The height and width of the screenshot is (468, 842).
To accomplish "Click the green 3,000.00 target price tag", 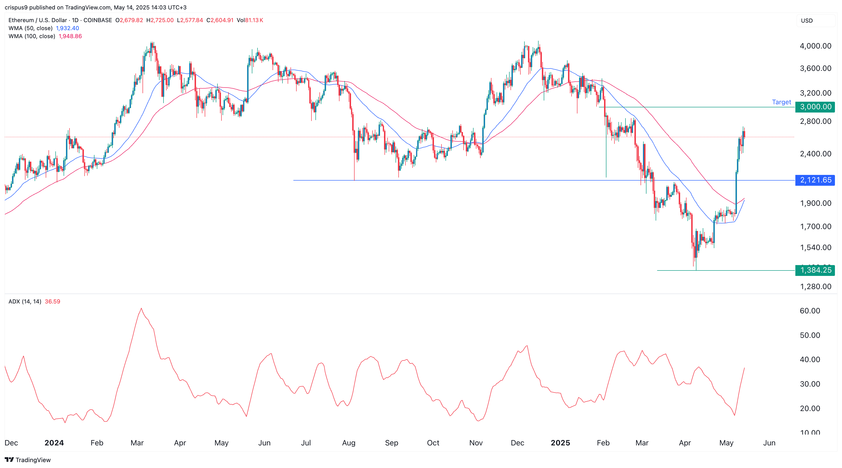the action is tap(815, 107).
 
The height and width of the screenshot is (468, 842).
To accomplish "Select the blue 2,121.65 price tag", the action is tap(815, 180).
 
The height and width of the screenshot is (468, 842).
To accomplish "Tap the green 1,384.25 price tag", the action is tap(815, 270).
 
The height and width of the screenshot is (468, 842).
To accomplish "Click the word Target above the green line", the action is tap(781, 102).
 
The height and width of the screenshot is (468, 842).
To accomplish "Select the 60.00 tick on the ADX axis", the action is tap(810, 311).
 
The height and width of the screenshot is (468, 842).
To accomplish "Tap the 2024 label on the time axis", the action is tap(54, 443).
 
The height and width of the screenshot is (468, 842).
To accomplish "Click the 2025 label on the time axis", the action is tap(560, 443).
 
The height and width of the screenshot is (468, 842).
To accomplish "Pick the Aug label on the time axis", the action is tap(348, 443).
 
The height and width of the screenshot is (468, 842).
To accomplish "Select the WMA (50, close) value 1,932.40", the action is tap(67, 28).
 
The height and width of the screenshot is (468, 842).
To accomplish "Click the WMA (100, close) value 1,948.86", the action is tap(70, 36).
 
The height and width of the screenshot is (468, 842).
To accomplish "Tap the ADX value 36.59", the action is tap(53, 301).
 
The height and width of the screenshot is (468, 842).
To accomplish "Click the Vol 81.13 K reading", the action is tap(250, 20).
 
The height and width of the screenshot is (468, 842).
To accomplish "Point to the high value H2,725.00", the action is tap(160, 20).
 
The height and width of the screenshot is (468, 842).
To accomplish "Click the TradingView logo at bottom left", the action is tap(28, 460).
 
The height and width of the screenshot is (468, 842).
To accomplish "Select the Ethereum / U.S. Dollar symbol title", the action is tap(38, 20).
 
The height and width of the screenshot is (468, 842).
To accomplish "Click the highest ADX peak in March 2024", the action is tap(141, 308).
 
